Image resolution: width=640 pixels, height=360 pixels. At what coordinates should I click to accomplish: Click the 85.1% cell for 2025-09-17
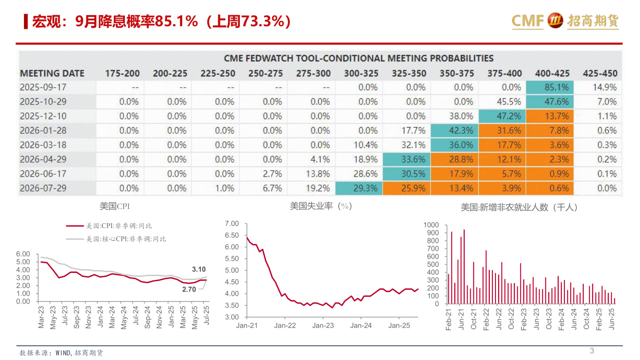tap(550, 88)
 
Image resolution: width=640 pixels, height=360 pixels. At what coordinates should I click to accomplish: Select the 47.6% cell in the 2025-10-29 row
tap(550, 102)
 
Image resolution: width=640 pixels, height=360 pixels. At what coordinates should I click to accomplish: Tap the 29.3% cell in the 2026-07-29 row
tap(359, 188)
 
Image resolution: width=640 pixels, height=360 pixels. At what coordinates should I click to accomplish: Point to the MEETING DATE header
tap(52, 73)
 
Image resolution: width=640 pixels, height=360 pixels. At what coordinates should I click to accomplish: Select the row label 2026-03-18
tap(43, 145)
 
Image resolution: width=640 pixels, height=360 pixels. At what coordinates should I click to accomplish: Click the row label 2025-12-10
tap(43, 116)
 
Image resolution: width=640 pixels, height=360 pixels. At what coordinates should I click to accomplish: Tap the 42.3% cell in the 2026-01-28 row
tap(454, 131)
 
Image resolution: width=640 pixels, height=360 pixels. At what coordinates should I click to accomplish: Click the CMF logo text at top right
tap(528, 20)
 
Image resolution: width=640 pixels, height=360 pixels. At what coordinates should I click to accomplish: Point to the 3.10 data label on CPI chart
tap(199, 269)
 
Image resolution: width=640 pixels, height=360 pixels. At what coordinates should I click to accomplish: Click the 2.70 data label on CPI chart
tap(189, 289)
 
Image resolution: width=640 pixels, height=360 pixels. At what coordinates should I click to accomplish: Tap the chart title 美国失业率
tap(320, 206)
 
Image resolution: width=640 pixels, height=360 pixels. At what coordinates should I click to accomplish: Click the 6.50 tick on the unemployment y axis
tap(232, 235)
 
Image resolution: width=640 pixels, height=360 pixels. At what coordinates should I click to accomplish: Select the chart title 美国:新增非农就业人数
tap(519, 207)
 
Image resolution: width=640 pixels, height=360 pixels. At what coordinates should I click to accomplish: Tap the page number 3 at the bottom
tap(592, 351)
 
